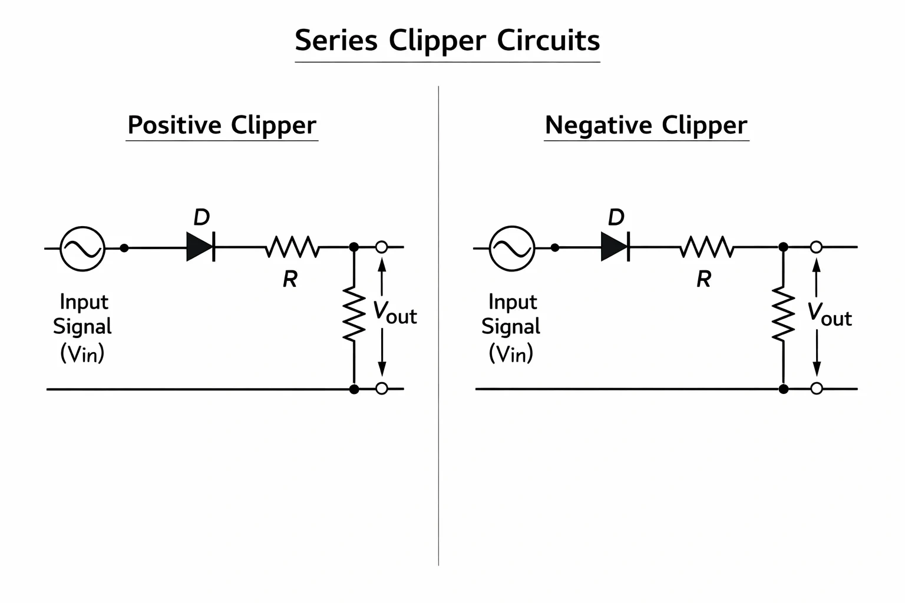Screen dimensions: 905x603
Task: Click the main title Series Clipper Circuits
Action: pos(447,41)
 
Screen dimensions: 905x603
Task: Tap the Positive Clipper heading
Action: pos(222,125)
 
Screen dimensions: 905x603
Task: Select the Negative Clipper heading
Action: pos(646,125)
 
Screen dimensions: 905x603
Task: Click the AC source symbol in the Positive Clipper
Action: pos(82,249)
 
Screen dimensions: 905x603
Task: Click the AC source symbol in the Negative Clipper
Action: pos(512,249)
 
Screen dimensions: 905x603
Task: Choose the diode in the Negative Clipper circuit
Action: pos(615,246)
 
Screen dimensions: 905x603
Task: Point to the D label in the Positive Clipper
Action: pos(202,217)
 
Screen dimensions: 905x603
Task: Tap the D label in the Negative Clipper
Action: pos(616,217)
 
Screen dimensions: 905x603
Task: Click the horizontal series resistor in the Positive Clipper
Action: pos(292,247)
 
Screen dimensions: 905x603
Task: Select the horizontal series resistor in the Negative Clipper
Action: pos(707,247)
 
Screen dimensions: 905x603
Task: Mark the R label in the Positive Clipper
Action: pos(290,279)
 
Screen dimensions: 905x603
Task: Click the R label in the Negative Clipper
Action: pos(704,279)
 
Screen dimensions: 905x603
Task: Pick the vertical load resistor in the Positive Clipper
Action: pos(354,314)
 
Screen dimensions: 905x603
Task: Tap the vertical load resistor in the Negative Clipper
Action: pos(784,314)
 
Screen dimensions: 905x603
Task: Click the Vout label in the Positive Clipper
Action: pos(395,313)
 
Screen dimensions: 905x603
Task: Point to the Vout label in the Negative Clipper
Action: pos(830,314)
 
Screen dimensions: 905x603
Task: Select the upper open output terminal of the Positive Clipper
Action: pos(381,247)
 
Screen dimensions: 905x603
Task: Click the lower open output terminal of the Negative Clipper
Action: pos(817,389)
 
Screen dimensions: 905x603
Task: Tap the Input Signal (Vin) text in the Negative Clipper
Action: pos(511,328)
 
